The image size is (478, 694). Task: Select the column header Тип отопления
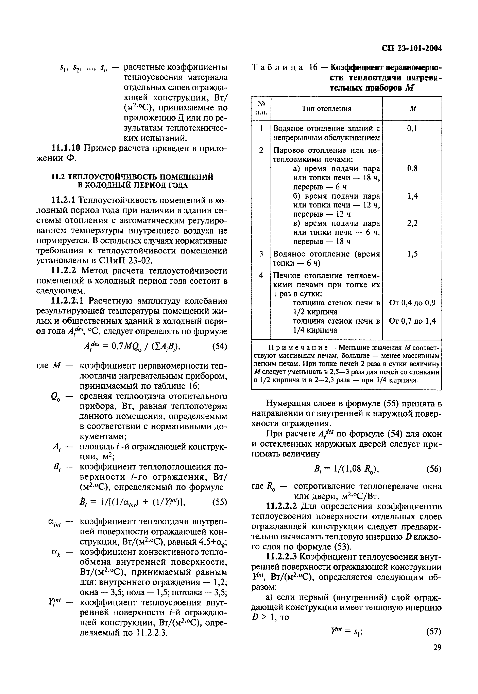pos(326,109)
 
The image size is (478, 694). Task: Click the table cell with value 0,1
pos(412,129)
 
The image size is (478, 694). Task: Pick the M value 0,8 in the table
pos(412,169)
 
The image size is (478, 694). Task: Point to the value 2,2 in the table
pos(412,223)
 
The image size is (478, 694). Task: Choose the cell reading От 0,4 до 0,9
pos(412,303)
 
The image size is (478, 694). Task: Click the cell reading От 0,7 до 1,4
pos(412,321)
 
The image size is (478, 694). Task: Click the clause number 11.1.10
pos(66,148)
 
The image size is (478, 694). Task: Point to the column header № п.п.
pos(261,109)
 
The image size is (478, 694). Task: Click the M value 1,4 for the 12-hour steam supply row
pos(412,196)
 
